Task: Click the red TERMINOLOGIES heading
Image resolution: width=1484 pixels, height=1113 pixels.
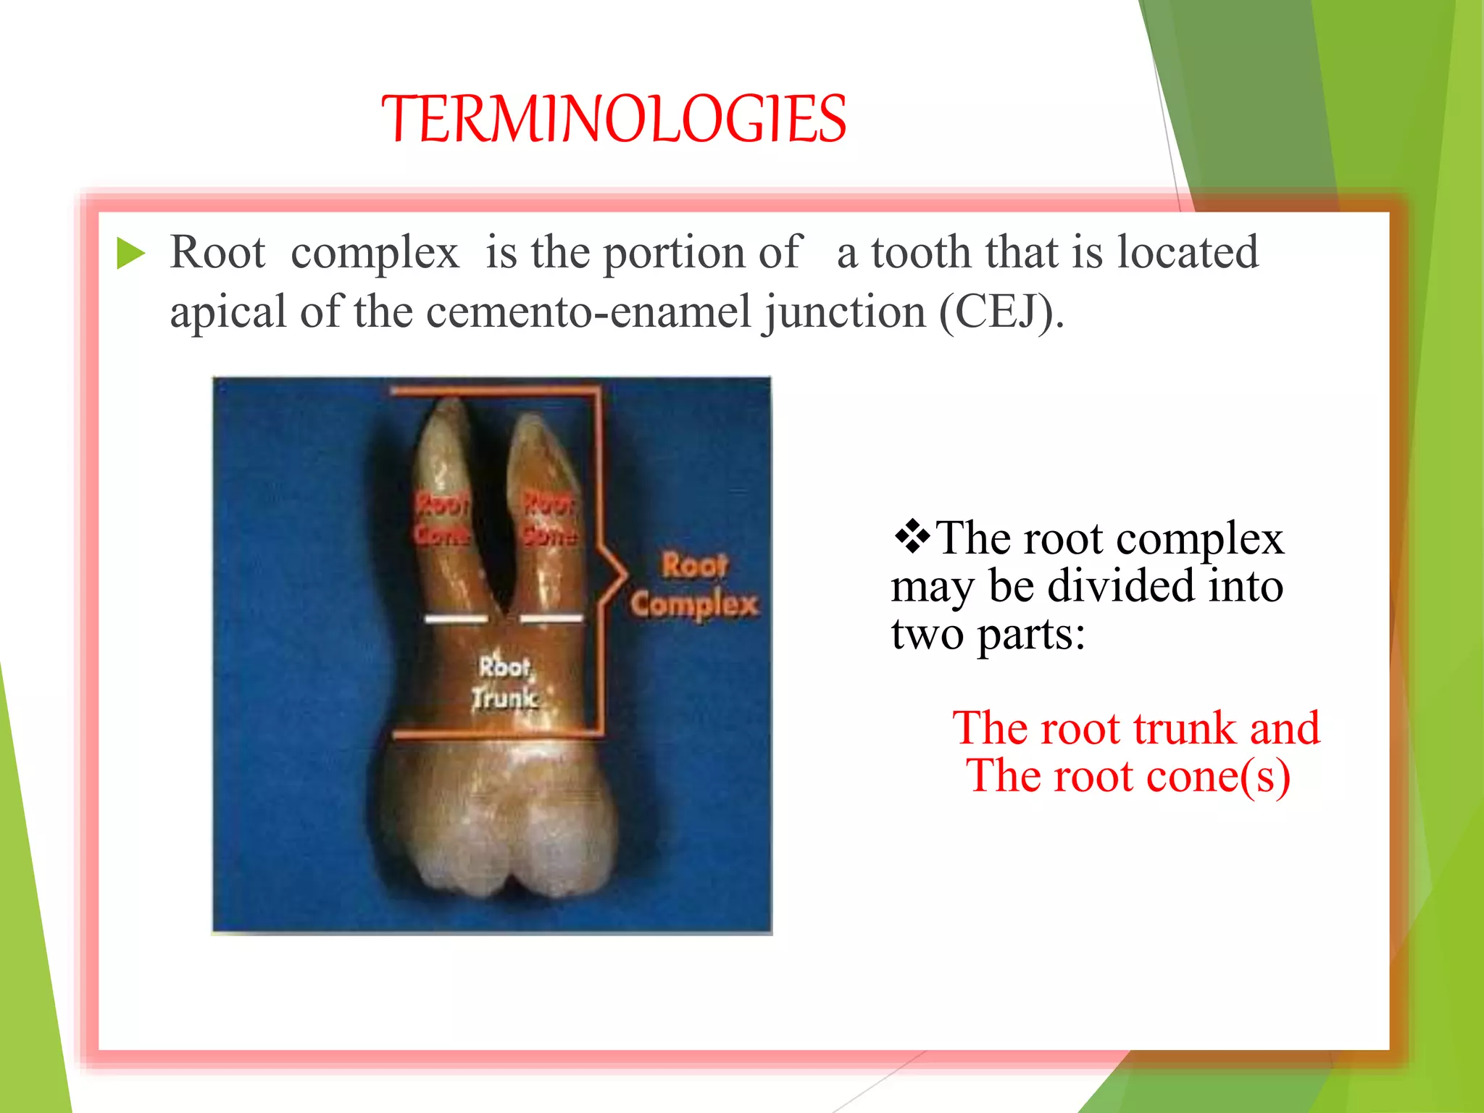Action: click(x=614, y=119)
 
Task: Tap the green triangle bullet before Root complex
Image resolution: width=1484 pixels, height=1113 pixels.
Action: click(x=130, y=254)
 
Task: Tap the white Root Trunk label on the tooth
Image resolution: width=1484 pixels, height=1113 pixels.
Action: click(x=505, y=683)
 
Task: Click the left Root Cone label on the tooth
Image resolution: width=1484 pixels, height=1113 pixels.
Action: click(x=442, y=519)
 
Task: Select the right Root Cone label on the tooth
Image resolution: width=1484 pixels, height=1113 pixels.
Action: click(x=550, y=519)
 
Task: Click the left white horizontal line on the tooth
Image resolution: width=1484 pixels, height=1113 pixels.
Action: click(x=456, y=619)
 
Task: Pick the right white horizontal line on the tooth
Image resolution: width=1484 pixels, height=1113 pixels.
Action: click(x=551, y=618)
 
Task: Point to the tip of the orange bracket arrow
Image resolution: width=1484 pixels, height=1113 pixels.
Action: click(x=625, y=575)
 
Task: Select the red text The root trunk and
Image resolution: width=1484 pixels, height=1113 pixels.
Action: click(x=1135, y=728)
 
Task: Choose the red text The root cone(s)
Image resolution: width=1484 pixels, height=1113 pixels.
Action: click(x=1128, y=775)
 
